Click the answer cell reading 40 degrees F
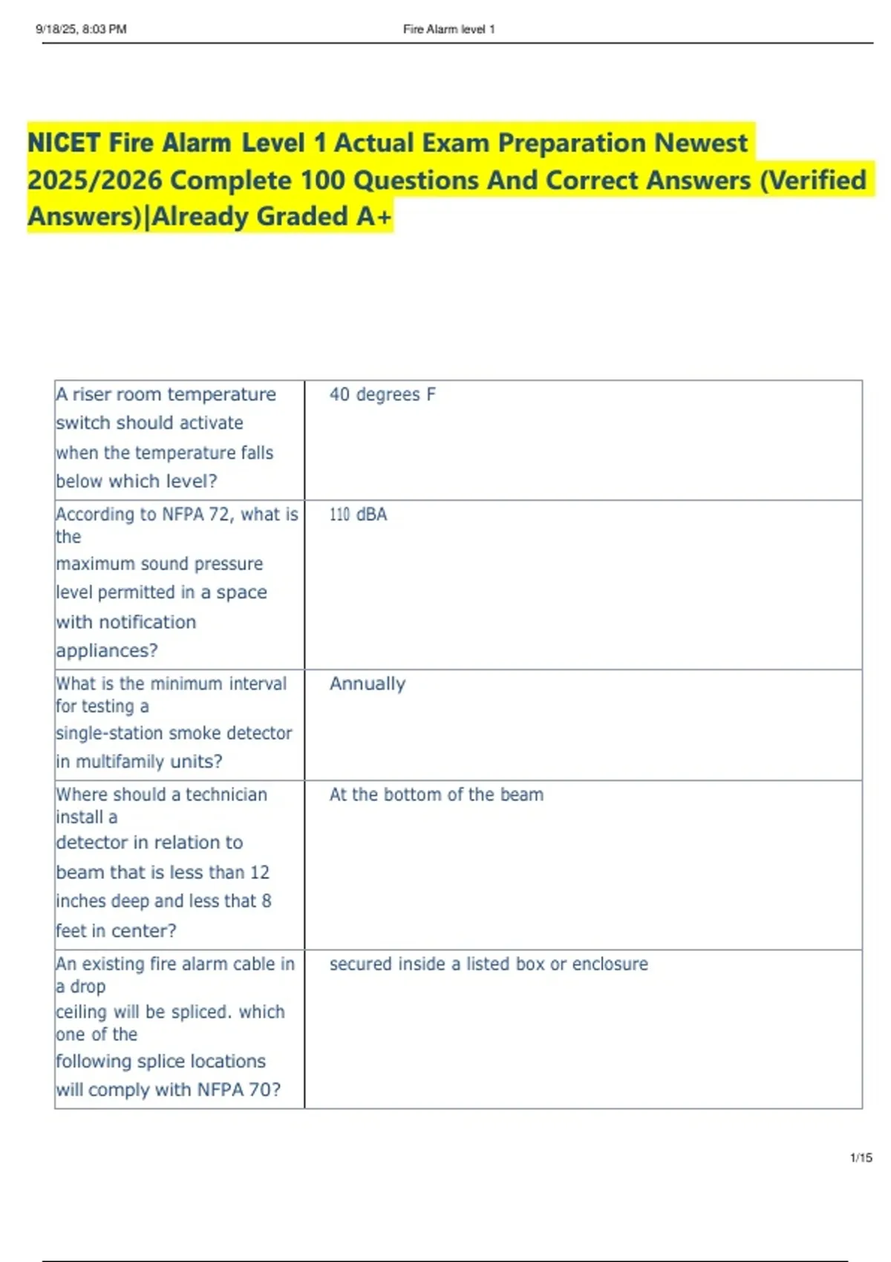(382, 394)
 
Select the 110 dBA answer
(358, 514)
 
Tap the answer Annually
(368, 684)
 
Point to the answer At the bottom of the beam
(436, 794)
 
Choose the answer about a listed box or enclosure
(489, 964)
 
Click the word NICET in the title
(64, 143)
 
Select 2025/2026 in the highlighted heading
(94, 180)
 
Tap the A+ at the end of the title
(373, 216)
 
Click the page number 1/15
(861, 1157)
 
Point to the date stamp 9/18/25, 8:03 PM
(81, 29)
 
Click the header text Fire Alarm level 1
(448, 29)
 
